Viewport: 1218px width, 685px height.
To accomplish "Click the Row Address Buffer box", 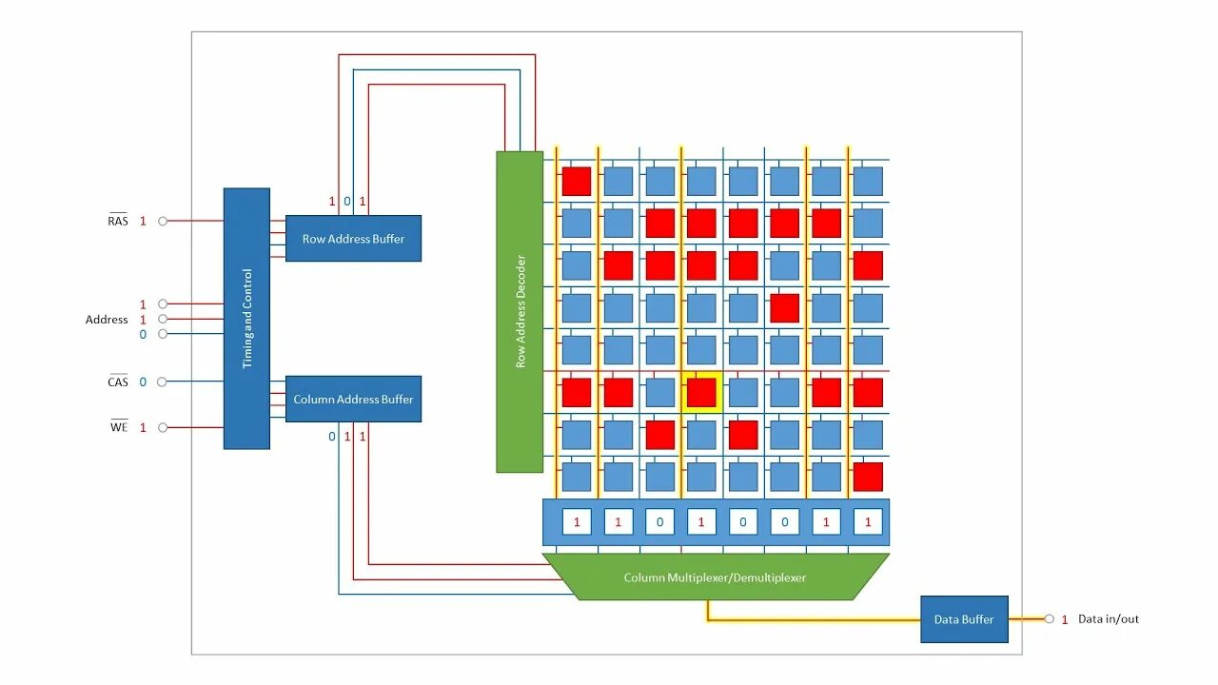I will [353, 239].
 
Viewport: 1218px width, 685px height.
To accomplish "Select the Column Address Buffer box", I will [353, 400].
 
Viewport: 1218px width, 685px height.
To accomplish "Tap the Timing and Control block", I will [246, 318].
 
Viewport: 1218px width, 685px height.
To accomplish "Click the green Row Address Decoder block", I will [520, 311].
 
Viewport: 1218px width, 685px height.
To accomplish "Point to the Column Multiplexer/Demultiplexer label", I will [715, 577].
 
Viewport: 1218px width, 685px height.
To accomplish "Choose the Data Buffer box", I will [964, 619].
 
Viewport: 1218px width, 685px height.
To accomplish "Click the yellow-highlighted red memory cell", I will [701, 392].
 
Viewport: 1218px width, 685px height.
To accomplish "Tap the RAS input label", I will [117, 221].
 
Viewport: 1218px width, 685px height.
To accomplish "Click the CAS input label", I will [117, 382].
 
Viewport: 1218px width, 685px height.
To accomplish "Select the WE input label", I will [118, 428].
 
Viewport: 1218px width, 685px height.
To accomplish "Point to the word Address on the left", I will [107, 320].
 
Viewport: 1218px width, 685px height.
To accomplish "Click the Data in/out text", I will [1108, 619].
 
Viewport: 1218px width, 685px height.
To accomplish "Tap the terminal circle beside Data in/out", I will [1049, 619].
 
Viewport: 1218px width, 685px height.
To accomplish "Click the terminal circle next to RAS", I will [163, 221].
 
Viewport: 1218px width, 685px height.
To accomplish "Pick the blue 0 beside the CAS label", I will [144, 382].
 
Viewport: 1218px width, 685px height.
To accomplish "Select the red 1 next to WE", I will [144, 428].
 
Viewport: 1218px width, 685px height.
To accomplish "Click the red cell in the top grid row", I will [576, 181].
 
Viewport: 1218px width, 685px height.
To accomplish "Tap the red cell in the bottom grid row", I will [868, 477].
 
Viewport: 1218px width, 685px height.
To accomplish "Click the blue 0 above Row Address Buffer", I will [347, 202].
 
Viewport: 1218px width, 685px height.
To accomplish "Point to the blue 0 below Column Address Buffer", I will [332, 437].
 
